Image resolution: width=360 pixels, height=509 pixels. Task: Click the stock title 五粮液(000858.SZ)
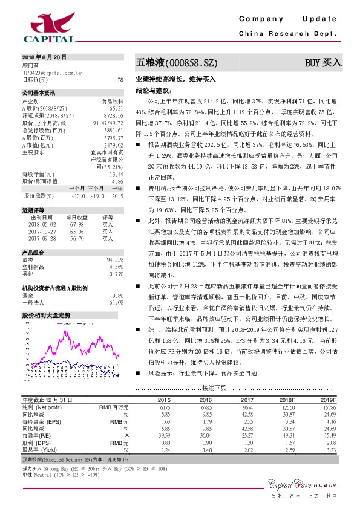tap(175, 63)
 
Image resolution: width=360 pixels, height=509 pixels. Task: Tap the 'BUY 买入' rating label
tap(323, 63)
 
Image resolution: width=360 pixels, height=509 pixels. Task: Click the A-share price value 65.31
tap(116, 108)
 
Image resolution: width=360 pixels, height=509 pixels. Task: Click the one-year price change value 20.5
tap(117, 195)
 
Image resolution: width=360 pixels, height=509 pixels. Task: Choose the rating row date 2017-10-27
tap(43, 231)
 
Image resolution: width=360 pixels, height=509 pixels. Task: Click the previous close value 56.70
tap(77, 238)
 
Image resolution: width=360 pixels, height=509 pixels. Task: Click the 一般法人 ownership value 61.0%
tap(116, 302)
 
